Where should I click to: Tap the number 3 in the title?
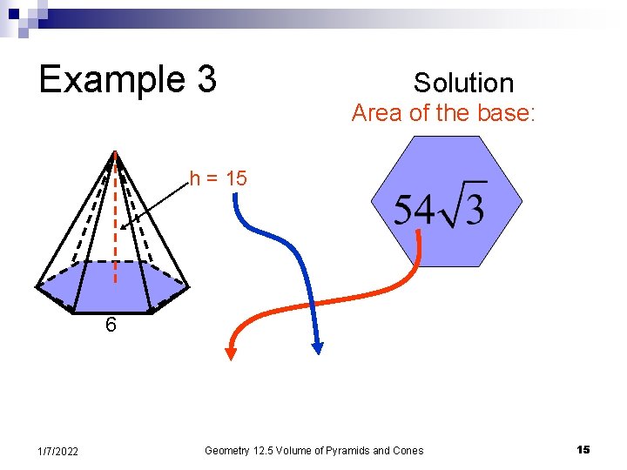206,79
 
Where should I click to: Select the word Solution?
463,83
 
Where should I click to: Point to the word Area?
376,113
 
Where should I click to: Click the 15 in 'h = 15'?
236,178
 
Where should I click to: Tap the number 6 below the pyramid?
111,326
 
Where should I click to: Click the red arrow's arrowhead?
231,352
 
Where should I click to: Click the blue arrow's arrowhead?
317,347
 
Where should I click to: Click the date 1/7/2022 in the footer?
58,451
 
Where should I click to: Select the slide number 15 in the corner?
583,450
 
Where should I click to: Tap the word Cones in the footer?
407,451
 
